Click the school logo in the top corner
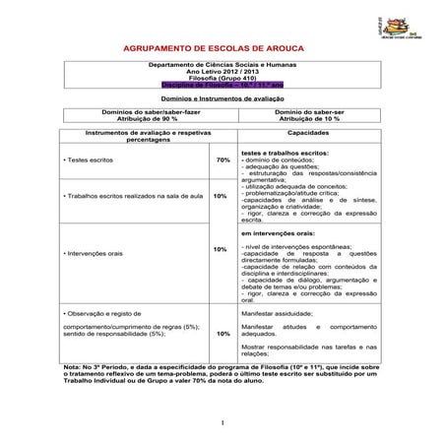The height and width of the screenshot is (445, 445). [x=413, y=22]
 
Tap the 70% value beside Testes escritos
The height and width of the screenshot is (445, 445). [x=222, y=159]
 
